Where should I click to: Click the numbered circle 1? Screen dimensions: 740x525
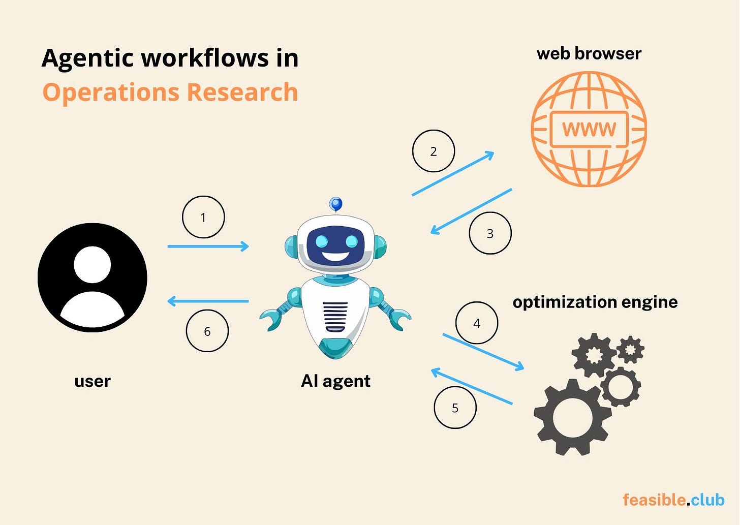(x=203, y=217)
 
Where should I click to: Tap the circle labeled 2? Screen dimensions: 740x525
(x=434, y=151)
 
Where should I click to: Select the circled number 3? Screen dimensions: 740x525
(x=490, y=233)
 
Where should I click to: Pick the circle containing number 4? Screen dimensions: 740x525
(x=477, y=323)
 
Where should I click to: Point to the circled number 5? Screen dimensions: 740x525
(x=455, y=408)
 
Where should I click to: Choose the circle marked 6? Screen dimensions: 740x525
(x=207, y=331)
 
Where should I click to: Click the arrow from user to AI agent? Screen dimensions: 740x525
(x=208, y=246)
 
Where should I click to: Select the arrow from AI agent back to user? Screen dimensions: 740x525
(x=208, y=301)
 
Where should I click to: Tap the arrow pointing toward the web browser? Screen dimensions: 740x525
(x=453, y=173)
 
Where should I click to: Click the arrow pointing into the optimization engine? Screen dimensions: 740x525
(x=483, y=352)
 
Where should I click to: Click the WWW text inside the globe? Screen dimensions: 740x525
(x=589, y=129)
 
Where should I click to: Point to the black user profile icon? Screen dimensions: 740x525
(x=92, y=277)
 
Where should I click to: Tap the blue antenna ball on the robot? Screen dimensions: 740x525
(x=335, y=204)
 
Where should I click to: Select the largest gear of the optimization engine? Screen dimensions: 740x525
(x=573, y=417)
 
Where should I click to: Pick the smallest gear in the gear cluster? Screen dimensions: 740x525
(x=630, y=349)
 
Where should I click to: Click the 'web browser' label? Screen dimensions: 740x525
(x=589, y=53)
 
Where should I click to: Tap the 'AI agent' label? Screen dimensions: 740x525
(x=335, y=381)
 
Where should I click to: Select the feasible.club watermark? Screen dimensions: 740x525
(x=673, y=500)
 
